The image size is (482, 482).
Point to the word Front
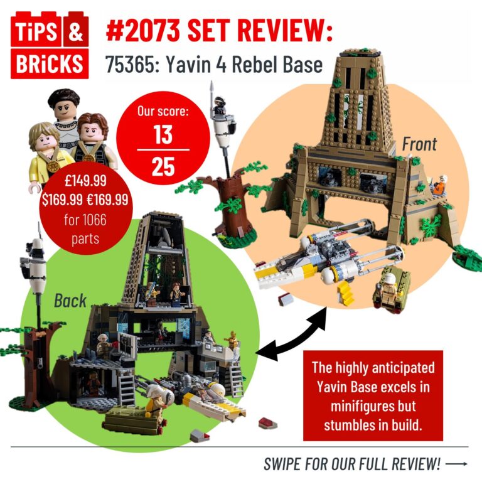tap(419, 144)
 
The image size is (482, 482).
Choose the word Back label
tap(70, 300)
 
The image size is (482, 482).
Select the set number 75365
tap(131, 64)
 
